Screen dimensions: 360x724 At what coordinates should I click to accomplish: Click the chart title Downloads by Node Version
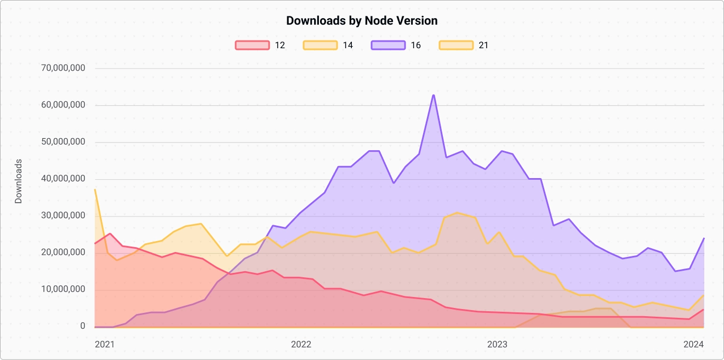(362, 21)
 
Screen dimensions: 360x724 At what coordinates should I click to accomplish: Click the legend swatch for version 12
(252, 45)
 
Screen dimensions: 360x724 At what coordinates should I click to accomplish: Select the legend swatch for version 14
(320, 45)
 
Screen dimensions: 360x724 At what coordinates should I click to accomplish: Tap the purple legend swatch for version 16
(388, 45)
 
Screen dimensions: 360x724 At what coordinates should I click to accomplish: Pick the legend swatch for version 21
(456, 45)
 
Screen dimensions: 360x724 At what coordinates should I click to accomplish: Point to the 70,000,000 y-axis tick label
(64, 68)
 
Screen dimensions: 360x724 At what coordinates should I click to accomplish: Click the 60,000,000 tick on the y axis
(64, 105)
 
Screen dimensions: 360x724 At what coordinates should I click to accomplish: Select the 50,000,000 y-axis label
(64, 142)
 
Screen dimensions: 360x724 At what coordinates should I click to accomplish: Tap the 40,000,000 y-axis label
(64, 179)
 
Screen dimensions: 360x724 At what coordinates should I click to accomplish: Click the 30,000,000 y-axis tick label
(64, 216)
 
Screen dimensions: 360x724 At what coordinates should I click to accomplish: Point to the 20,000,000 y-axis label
(64, 253)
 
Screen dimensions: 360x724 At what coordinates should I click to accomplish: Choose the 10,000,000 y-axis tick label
(64, 289)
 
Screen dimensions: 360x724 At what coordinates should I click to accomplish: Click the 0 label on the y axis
(83, 326)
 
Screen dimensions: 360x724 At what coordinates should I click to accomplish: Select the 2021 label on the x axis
(105, 345)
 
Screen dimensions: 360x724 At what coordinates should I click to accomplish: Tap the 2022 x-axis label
(301, 345)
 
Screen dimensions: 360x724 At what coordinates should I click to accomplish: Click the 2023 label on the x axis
(497, 345)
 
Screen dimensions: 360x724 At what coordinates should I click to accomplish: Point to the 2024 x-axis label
(693, 345)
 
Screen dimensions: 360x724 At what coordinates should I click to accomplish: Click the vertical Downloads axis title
(19, 181)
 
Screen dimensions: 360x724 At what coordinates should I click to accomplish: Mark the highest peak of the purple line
(434, 95)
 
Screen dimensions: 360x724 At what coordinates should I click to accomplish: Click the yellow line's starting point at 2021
(95, 190)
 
